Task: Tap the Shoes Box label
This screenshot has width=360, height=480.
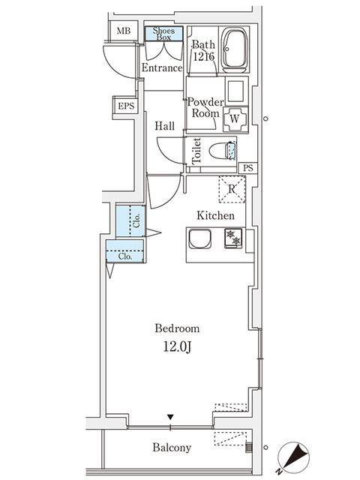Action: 163,33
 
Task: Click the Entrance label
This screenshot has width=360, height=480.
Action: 162,68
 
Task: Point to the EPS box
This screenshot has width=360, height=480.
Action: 125,106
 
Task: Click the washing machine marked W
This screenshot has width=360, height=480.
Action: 235,118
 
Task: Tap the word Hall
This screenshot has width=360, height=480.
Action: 165,126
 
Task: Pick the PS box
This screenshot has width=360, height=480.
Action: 248,168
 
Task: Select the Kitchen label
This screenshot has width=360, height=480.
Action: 216,215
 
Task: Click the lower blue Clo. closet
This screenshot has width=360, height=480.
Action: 124,255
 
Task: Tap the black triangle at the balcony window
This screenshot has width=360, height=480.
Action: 171,418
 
